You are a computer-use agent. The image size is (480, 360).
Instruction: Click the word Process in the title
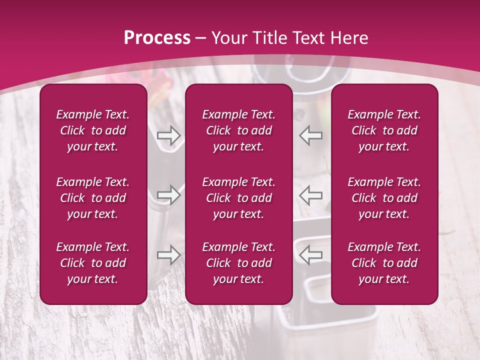157,38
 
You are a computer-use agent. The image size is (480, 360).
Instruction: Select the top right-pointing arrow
168,135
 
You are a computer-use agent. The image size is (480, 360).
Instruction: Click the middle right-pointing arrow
168,195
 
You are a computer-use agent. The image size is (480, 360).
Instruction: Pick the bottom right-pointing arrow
168,255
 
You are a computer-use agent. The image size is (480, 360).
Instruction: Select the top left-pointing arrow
310,135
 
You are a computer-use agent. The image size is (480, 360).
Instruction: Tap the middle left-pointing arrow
310,195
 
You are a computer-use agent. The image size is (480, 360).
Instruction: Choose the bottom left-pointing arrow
310,255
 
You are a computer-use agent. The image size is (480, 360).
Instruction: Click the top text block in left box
93,130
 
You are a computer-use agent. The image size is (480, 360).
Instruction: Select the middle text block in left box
93,198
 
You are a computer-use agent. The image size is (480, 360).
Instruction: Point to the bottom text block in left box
93,263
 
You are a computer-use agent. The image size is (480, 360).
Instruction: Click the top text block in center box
239,130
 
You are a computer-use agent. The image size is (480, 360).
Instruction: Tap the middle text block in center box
239,198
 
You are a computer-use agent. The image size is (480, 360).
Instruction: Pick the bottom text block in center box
239,263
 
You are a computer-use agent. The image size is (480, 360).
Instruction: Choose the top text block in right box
384,130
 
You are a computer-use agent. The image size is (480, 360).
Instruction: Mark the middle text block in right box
384,198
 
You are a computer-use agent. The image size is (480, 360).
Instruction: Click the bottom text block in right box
384,263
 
